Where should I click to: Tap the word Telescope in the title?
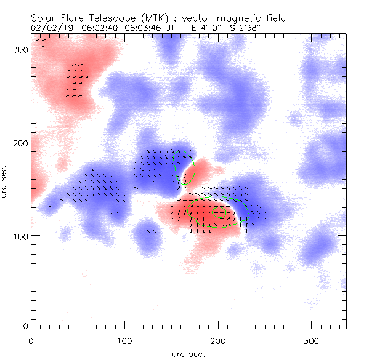click(x=109, y=18)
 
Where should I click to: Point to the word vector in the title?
click(x=203, y=18)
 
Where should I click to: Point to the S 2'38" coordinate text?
click(x=254, y=28)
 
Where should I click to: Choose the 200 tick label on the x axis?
click(x=218, y=340)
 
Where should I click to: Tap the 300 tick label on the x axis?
click(x=311, y=340)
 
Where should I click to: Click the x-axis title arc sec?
click(x=188, y=353)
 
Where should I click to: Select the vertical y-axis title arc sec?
click(x=6, y=182)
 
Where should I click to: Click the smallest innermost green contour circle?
click(x=220, y=213)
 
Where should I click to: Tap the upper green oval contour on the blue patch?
click(x=184, y=166)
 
